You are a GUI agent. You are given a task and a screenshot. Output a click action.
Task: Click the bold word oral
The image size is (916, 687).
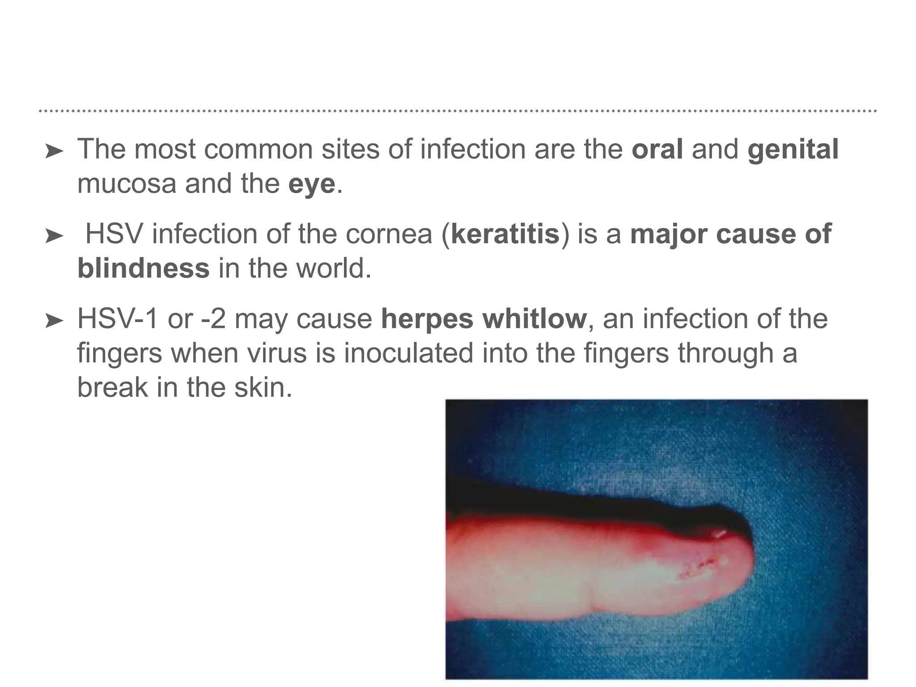(657, 149)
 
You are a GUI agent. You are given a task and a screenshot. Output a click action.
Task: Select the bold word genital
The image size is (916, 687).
(793, 149)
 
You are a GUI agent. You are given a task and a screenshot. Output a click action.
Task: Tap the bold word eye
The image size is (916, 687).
(312, 184)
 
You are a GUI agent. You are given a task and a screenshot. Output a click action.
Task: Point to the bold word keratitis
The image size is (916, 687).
(505, 234)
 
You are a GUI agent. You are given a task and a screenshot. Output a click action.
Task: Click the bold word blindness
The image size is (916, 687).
(143, 268)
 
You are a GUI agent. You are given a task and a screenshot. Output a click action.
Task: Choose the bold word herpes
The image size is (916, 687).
(427, 319)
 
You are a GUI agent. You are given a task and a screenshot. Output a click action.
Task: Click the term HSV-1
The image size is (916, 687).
(118, 319)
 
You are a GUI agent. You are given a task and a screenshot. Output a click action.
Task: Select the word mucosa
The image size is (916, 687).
(127, 184)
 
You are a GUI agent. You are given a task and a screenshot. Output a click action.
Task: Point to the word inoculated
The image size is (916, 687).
(408, 353)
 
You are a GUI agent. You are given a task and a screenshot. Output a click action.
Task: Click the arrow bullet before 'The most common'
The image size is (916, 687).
(54, 152)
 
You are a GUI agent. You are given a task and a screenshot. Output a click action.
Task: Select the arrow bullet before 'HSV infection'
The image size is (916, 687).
(54, 236)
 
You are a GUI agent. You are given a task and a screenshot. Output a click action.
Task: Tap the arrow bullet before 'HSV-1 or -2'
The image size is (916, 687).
(54, 321)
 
